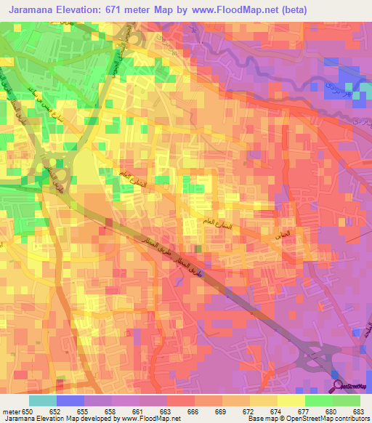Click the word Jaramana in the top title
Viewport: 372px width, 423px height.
[x=33, y=9]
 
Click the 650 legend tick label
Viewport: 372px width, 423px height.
[x=28, y=411]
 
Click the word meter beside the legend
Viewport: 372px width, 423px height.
[x=11, y=411]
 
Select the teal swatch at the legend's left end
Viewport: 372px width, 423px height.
[x=42, y=400]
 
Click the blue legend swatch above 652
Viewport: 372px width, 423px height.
[x=70, y=400]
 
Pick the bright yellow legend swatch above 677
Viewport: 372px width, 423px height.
[x=291, y=400]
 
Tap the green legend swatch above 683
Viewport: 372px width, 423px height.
[x=347, y=400]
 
